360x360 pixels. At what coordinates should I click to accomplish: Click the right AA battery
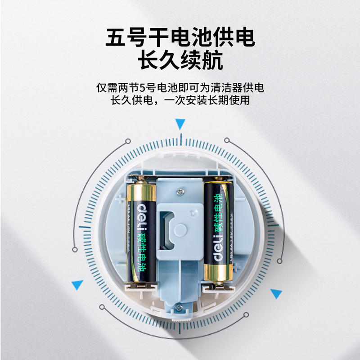pyautogui.click(x=219, y=232)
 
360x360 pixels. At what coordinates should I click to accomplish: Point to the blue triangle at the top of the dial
pyautogui.click(x=180, y=124)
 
